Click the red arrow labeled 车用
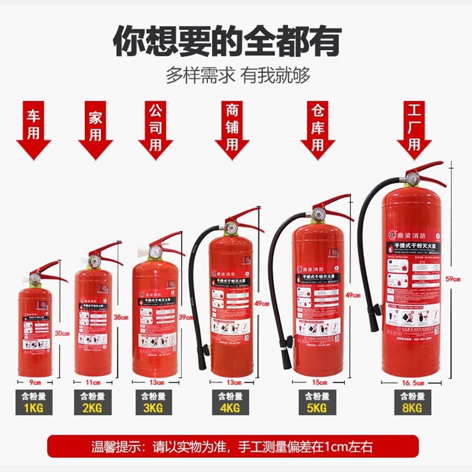pyautogui.click(x=34, y=131)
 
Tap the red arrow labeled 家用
pyautogui.click(x=96, y=131)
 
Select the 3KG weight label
pyautogui.click(x=154, y=407)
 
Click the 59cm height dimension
pyautogui.click(x=454, y=280)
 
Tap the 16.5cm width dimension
pyautogui.click(x=413, y=383)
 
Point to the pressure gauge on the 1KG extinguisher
pyautogui.click(x=35, y=274)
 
